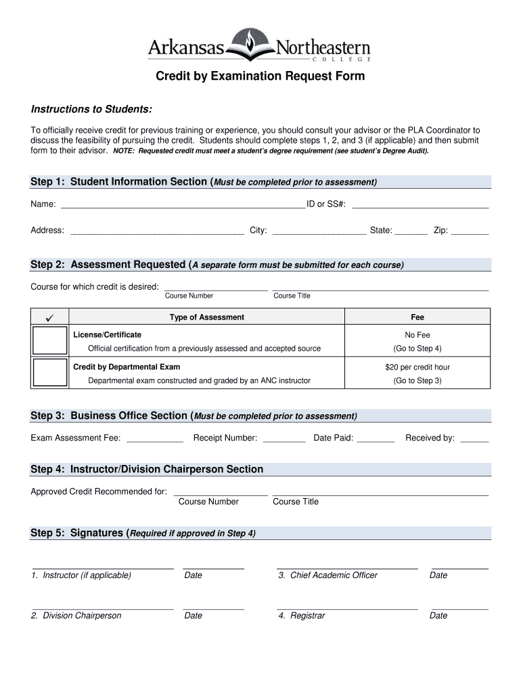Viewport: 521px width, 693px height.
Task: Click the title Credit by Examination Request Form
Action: coord(260,76)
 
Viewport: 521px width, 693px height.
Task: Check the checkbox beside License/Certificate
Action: coord(50,340)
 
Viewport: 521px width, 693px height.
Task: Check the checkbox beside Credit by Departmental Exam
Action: coord(50,372)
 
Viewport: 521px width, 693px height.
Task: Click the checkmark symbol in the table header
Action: coord(50,317)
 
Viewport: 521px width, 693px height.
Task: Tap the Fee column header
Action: coord(417,317)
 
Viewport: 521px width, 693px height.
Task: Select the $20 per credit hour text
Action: coord(417,367)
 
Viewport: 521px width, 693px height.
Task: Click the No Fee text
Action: coord(417,335)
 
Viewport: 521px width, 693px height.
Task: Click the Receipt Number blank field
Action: coord(284,438)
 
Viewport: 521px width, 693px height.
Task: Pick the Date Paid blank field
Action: coord(376,438)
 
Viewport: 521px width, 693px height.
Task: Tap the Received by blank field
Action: coord(474,438)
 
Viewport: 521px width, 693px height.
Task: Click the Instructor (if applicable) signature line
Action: coord(103,566)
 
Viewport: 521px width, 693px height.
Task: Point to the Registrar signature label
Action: coord(301,616)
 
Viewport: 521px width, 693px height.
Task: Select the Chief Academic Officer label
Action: coord(327,575)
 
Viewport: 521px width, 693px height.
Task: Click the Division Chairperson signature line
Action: coord(103,607)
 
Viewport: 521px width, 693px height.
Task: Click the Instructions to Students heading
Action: coord(91,110)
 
